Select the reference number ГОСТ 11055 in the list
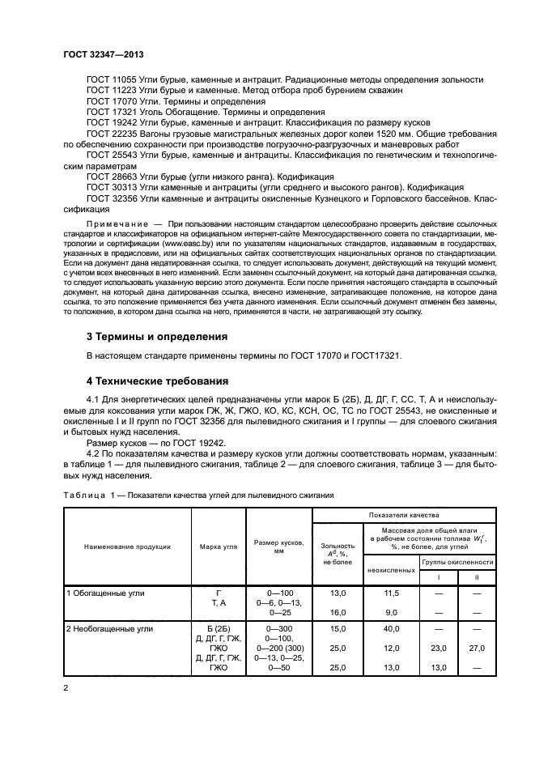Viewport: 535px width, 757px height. tap(110, 81)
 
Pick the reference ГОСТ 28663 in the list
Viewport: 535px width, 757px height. tap(110, 176)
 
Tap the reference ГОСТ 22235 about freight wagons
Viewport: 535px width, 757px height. tap(110, 130)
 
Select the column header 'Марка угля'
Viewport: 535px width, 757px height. tap(219, 546)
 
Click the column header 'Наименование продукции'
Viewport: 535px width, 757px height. tap(127, 546)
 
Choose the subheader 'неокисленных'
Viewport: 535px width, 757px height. tap(393, 570)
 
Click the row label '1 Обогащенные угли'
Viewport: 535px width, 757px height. tap(106, 593)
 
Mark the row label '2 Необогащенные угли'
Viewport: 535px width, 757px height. tap(111, 628)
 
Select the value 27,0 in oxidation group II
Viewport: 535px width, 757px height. tap(478, 648)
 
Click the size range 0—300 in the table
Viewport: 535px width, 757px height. tap(278, 628)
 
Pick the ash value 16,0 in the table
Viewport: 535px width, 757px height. tap(338, 612)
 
